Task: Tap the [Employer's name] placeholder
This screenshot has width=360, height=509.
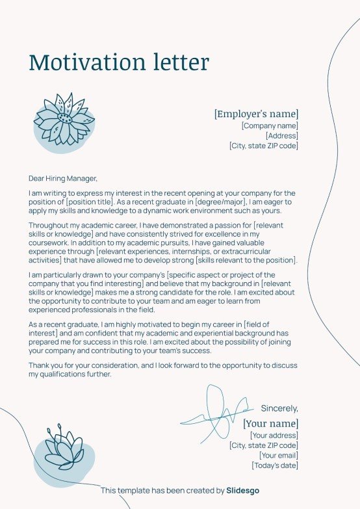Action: pos(256,114)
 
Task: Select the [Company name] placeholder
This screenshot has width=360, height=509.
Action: pos(270,125)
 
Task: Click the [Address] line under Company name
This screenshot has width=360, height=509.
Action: pos(281,136)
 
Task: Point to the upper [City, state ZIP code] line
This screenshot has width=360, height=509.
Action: pos(263,146)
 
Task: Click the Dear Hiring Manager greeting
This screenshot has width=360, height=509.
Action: pos(62,177)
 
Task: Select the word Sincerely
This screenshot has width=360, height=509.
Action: pos(279,408)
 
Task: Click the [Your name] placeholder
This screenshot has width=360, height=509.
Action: pos(270,424)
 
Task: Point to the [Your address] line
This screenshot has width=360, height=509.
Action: pos(274,436)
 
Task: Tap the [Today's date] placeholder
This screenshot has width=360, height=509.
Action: pos(275,465)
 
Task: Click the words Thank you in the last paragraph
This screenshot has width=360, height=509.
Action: pos(45,366)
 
